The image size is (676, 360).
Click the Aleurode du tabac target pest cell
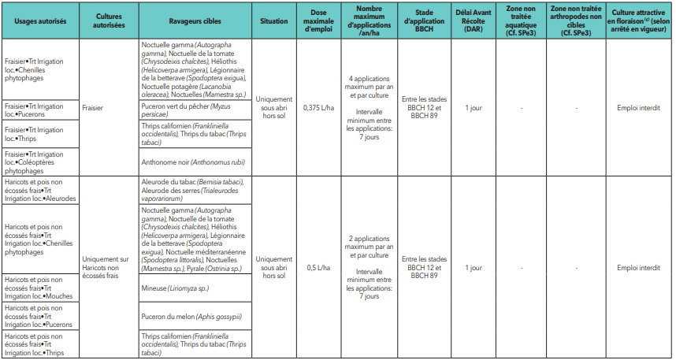point(192,191)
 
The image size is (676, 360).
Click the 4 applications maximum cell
point(368,107)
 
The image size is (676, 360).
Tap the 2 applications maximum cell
point(368,267)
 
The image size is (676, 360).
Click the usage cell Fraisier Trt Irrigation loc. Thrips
point(35,133)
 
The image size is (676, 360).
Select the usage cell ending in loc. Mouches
point(35,289)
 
